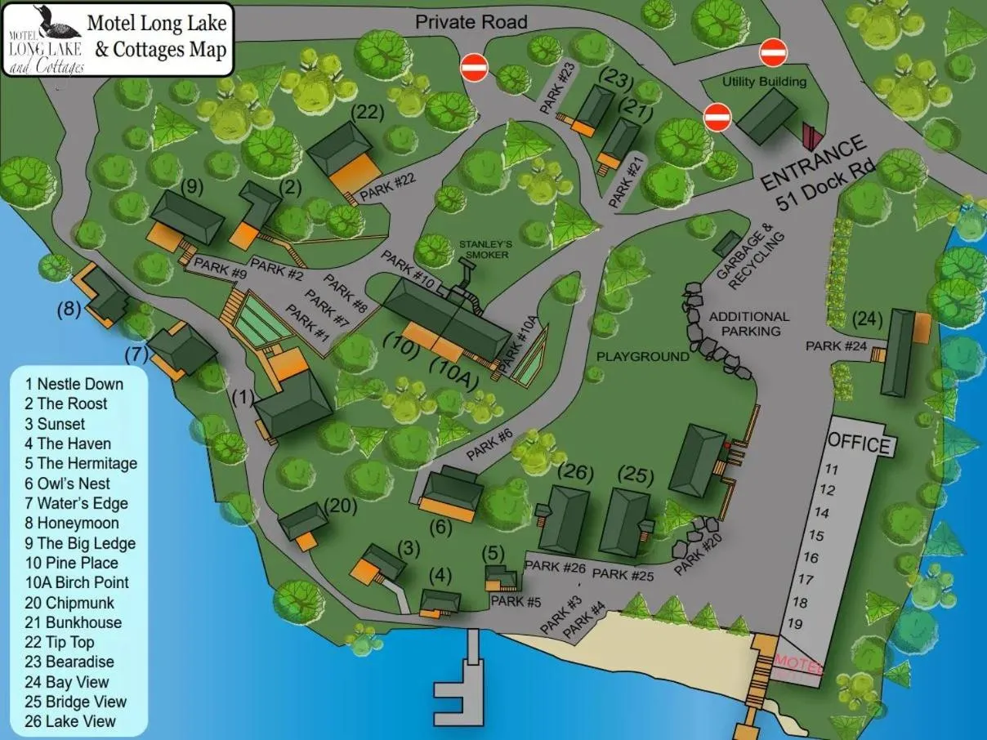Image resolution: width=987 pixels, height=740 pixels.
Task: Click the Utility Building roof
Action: point(767,115)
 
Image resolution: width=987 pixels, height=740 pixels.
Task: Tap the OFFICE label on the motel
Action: point(859,444)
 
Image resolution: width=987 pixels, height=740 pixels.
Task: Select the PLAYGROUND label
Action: point(643,357)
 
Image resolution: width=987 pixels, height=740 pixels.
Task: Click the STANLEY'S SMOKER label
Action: point(485,249)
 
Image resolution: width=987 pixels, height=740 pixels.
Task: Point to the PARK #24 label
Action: point(836,346)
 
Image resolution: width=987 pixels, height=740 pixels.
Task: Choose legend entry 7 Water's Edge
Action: point(77,503)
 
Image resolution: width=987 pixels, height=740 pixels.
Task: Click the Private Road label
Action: point(471,21)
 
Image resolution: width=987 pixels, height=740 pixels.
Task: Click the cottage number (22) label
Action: point(367,114)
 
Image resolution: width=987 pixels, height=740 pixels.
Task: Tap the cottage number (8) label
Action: point(67,310)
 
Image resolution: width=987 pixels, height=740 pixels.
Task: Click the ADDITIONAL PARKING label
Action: point(749,323)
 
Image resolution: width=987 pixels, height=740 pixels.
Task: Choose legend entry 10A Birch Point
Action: point(77,582)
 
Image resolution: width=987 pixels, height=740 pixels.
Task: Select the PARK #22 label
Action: point(387,187)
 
